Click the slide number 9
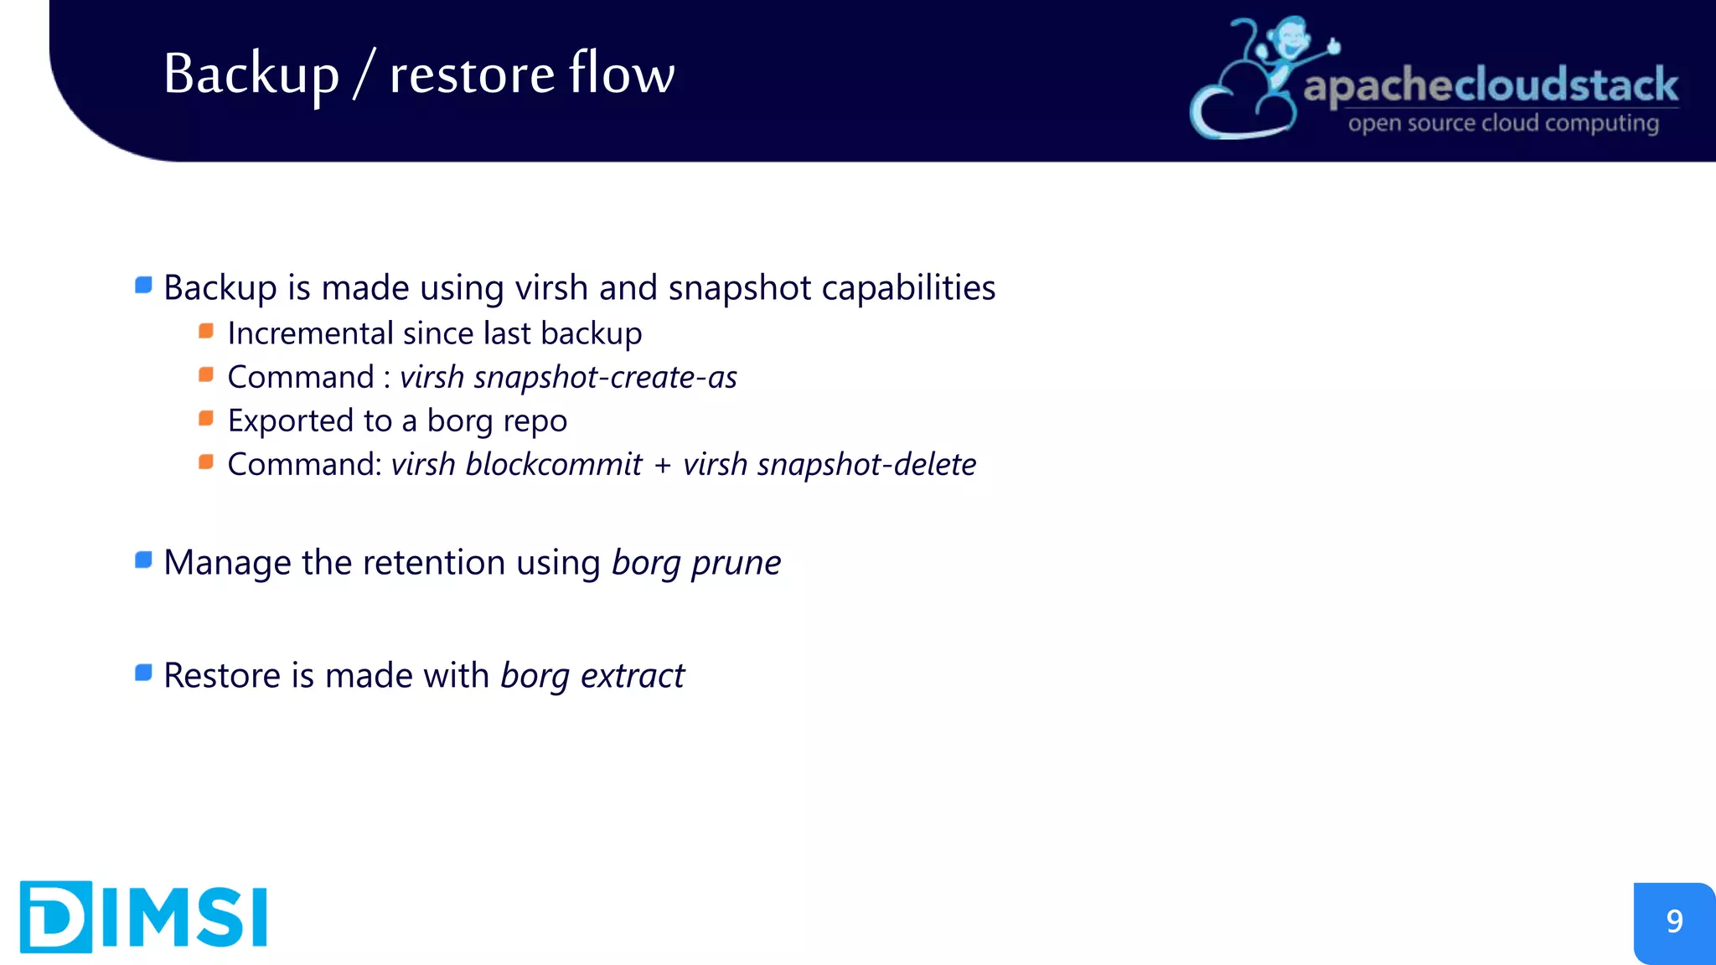click(1674, 921)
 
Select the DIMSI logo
click(143, 916)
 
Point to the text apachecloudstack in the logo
click(1491, 86)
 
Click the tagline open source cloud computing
click(1503, 124)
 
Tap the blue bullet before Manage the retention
click(143, 560)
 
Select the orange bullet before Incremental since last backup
click(206, 332)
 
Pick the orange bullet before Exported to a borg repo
click(206, 419)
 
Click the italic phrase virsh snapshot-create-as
click(568, 378)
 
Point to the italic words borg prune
click(696, 563)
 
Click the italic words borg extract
click(592, 676)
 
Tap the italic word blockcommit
click(554, 465)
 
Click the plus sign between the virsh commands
click(663, 466)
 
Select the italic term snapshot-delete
click(866, 465)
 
